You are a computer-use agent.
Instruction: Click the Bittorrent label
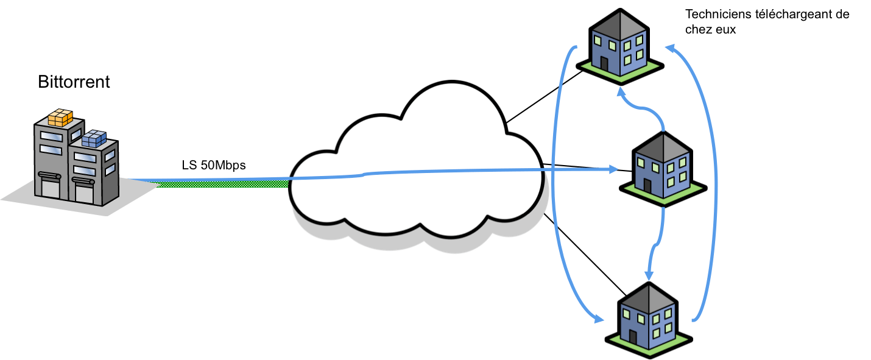point(74,82)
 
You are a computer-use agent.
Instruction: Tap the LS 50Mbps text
point(213,165)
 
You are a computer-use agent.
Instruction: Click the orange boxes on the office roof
point(60,118)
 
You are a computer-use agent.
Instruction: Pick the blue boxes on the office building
point(93,139)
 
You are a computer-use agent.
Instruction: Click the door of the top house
point(604,63)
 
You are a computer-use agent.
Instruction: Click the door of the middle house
point(647,185)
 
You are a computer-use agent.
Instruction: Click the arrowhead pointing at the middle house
point(613,171)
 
